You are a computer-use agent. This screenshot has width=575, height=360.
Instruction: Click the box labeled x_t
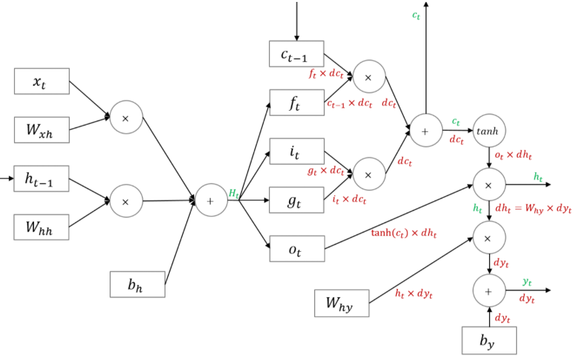click(42, 81)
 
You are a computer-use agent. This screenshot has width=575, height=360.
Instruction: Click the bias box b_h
click(137, 284)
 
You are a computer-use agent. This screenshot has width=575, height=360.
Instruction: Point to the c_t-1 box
click(297, 54)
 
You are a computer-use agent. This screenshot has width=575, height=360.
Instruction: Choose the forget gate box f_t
click(297, 102)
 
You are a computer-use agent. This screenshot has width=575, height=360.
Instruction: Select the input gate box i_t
click(297, 151)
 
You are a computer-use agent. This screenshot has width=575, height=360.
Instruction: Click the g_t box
click(297, 200)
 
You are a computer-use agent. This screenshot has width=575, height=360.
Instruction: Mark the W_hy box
click(342, 303)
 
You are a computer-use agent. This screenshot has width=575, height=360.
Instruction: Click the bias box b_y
click(489, 340)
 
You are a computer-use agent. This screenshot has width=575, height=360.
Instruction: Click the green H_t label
click(234, 193)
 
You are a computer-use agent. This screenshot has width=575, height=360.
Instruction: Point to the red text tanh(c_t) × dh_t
click(404, 234)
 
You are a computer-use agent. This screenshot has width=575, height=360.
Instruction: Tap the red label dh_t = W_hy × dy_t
click(534, 208)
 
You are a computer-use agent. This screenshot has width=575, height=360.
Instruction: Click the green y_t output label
click(527, 281)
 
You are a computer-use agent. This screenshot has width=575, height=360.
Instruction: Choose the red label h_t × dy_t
click(413, 294)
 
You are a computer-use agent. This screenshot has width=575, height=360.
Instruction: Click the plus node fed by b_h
click(211, 201)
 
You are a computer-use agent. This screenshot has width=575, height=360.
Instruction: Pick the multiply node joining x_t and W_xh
click(126, 118)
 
